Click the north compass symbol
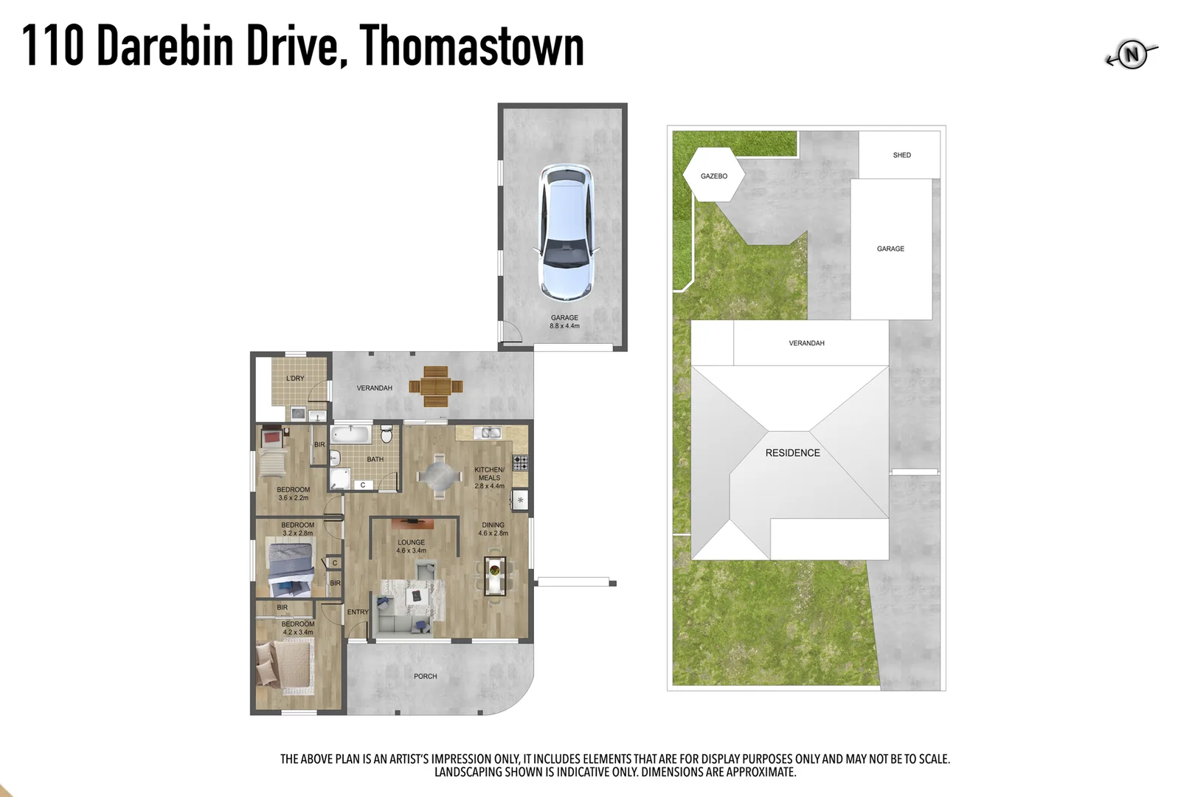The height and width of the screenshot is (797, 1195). (x=1132, y=54)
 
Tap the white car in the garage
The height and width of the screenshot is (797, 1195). (x=566, y=231)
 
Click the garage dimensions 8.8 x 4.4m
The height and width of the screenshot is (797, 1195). (x=564, y=326)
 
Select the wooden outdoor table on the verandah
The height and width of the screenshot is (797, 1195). (x=436, y=386)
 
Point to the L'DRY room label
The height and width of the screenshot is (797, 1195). (x=295, y=379)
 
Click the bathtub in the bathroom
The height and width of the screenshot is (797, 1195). (x=350, y=434)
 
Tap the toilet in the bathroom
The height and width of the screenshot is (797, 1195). (x=387, y=433)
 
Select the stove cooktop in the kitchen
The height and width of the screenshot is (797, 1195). (x=520, y=463)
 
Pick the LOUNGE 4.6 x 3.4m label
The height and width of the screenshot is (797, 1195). (x=411, y=546)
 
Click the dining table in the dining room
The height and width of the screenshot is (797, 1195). (x=494, y=576)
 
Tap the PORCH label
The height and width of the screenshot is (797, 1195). (x=425, y=676)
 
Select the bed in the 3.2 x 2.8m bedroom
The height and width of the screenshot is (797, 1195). (x=291, y=567)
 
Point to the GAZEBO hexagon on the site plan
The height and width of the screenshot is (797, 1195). (x=713, y=176)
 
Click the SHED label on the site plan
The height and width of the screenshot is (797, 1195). (x=901, y=155)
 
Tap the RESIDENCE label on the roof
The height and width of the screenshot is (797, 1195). (x=792, y=453)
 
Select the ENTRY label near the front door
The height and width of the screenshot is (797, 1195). (x=358, y=612)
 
